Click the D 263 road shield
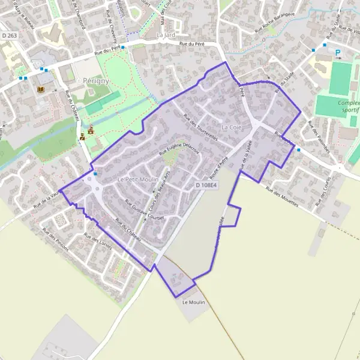8,36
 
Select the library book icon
41,90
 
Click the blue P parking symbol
337,53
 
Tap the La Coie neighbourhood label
232,127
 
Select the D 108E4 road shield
206,186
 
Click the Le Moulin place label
194,302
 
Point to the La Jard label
165,35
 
